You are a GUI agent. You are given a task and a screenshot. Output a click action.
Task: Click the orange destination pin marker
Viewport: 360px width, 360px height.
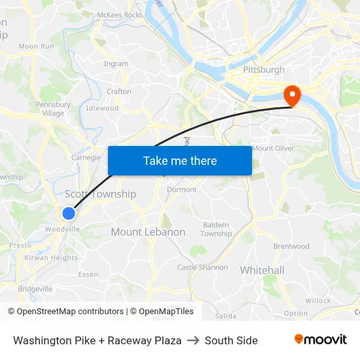coord(291,96)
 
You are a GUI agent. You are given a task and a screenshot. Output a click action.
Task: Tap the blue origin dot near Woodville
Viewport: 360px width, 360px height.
coord(69,213)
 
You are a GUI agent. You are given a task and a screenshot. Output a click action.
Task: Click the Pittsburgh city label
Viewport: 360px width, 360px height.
coord(264,69)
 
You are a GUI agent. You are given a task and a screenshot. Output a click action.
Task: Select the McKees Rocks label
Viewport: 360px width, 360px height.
coord(119,14)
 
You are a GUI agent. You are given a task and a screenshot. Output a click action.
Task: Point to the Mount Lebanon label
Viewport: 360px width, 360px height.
coord(148,232)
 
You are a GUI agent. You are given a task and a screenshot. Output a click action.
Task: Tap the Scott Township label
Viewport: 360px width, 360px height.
coord(100,194)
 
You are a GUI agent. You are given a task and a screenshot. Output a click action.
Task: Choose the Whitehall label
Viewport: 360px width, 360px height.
coord(262,270)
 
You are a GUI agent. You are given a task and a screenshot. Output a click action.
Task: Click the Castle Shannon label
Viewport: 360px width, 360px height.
coord(202,267)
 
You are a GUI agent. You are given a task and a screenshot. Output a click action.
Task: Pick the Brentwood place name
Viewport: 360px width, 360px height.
coord(291,246)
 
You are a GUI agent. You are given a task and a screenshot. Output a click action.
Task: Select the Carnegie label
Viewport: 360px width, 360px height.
coord(86,157)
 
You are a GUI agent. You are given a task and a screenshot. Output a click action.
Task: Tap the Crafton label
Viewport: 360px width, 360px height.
coord(119,92)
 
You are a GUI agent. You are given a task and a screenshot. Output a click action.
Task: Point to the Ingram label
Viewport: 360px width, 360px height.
coord(116,63)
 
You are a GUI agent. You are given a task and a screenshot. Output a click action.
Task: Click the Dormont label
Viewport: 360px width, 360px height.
coord(181,189)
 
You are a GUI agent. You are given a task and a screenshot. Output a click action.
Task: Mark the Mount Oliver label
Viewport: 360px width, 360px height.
coord(273,148)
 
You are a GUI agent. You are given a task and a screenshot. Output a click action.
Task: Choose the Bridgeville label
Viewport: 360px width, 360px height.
coord(35,289)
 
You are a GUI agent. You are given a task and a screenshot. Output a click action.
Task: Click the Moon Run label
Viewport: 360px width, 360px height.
coord(36,46)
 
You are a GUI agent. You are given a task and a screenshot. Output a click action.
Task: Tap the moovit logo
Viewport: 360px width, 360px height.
coord(320,340)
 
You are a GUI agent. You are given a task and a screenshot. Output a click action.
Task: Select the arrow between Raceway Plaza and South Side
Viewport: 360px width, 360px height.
coord(193,340)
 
